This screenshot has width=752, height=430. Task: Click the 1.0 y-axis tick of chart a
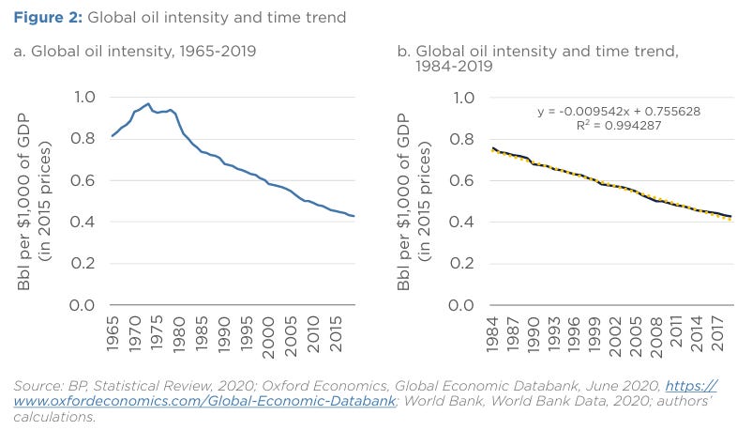[83, 98]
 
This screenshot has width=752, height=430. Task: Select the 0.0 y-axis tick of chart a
[83, 306]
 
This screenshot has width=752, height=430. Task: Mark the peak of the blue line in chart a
[147, 103]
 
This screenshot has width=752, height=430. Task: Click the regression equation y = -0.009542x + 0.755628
[619, 111]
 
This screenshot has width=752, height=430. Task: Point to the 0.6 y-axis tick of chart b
[466, 181]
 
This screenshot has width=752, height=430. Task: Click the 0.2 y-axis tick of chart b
[466, 265]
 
